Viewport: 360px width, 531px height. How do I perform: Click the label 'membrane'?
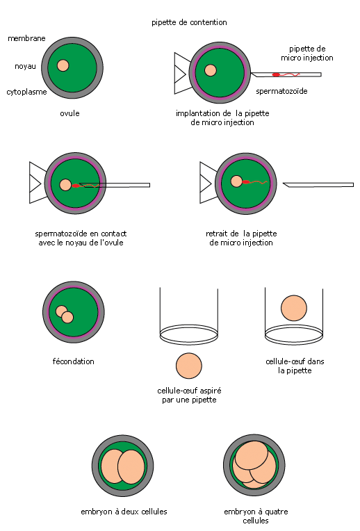[x=26, y=38]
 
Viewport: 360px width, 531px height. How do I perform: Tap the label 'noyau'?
[x=25, y=66]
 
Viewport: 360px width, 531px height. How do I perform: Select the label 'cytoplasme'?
[x=26, y=92]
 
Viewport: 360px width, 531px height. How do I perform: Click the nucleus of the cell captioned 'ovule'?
[x=63, y=65]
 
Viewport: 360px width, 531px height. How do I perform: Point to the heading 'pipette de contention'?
[x=189, y=23]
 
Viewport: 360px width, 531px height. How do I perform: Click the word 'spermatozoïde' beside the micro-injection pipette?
[x=281, y=91]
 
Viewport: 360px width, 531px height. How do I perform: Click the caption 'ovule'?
[x=69, y=113]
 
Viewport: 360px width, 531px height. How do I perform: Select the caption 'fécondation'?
[x=73, y=361]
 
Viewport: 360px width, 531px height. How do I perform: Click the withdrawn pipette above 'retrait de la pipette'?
[x=318, y=185]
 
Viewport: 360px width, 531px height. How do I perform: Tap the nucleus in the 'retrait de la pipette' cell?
[x=236, y=181]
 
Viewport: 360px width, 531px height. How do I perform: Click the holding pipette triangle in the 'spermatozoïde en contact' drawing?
[x=38, y=183]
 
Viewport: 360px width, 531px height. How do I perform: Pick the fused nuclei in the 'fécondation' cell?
[x=65, y=314]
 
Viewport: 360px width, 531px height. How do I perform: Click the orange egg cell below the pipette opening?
[x=188, y=366]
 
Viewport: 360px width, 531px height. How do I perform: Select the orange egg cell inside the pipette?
[x=293, y=308]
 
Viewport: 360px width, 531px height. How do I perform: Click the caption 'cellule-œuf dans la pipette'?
[x=295, y=366]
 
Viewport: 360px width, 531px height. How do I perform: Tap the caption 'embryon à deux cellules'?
[x=124, y=512]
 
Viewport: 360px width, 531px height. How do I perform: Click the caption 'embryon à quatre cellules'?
[x=256, y=516]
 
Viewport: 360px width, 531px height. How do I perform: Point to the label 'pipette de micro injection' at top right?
[x=306, y=53]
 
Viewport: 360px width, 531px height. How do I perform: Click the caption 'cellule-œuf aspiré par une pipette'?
[x=189, y=395]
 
